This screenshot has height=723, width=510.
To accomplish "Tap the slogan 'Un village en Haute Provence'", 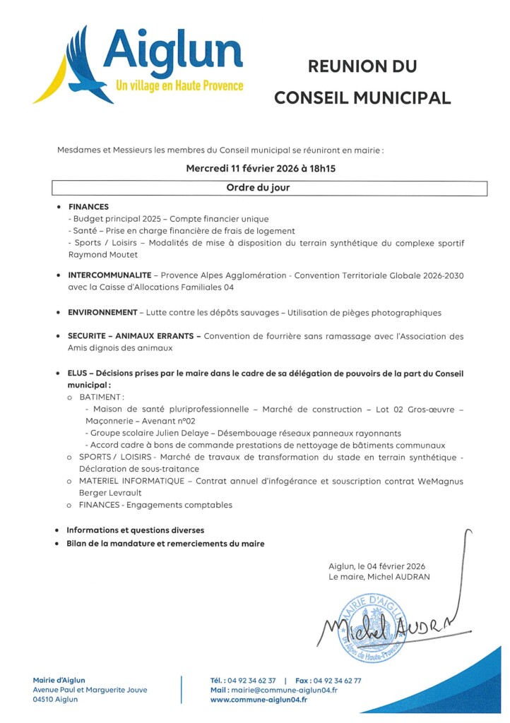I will (x=179, y=85).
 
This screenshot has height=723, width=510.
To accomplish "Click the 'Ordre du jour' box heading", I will (x=258, y=188).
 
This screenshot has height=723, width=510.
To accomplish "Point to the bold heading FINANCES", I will (x=88, y=207).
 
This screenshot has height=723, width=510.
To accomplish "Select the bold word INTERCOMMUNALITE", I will (x=109, y=274).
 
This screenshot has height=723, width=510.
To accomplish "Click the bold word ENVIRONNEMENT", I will (x=102, y=312).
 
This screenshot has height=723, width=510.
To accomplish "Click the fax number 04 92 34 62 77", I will (x=338, y=681).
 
